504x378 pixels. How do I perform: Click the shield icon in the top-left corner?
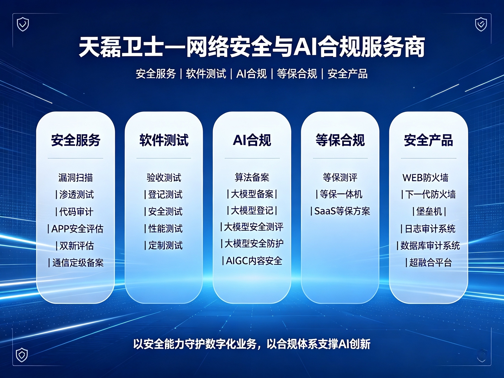[23, 25]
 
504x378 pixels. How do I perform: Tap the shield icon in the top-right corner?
[481, 25]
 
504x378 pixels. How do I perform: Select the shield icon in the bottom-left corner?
[22, 355]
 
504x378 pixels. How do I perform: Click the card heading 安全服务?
[76, 140]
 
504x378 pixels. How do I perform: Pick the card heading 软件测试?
[164, 140]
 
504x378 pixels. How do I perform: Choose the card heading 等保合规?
[340, 140]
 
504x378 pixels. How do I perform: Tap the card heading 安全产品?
[428, 140]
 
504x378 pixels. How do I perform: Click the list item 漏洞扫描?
[76, 178]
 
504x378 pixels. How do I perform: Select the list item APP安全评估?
[77, 229]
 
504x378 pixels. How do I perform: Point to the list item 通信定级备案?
[78, 263]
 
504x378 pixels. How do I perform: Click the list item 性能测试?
[165, 228]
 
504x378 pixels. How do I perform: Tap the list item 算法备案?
[252, 177]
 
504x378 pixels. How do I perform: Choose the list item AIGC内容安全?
[254, 261]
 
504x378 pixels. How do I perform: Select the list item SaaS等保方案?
[342, 211]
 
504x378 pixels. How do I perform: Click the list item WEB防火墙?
[425, 178]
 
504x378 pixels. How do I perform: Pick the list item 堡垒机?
[429, 211]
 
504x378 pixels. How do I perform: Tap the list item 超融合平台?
[430, 262]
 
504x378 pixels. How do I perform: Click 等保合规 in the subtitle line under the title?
[297, 74]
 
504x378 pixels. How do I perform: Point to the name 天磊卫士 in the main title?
[121, 47]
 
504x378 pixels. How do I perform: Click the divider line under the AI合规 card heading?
[252, 158]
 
